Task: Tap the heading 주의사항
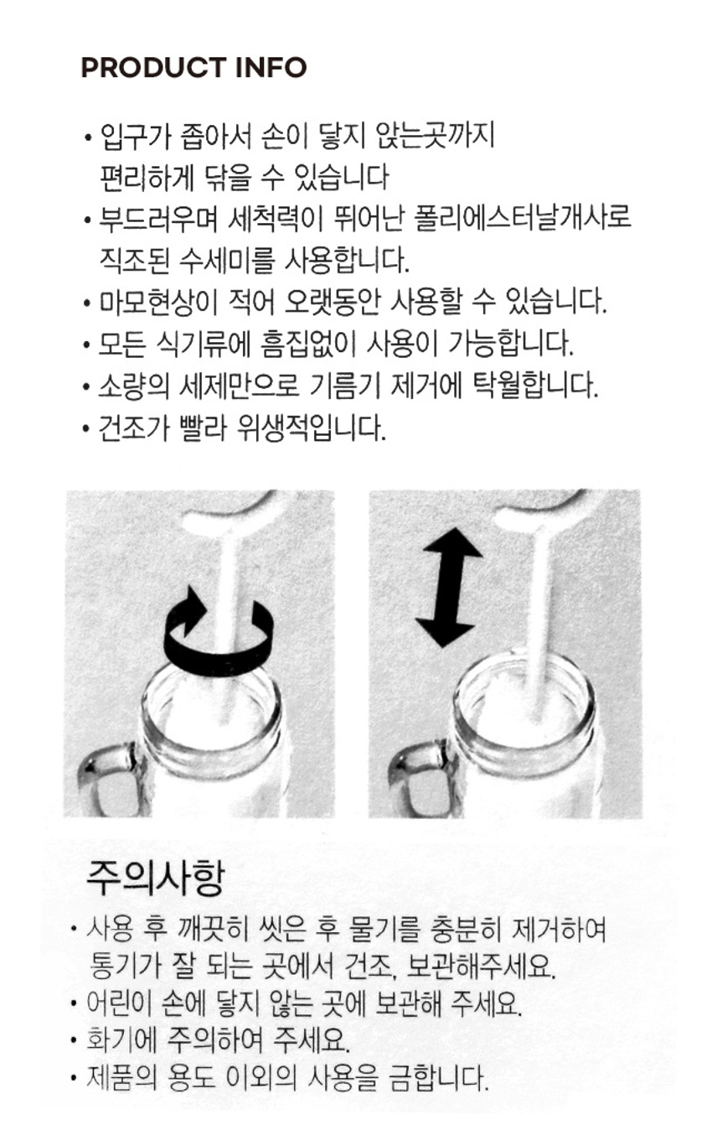pos(155,879)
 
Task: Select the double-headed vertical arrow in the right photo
pos(448,587)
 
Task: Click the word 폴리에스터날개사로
pos(523,219)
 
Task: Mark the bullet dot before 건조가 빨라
pos(87,429)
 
